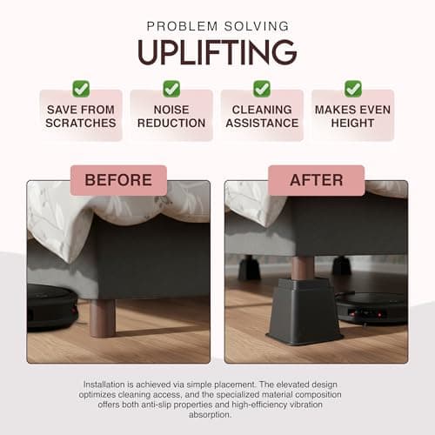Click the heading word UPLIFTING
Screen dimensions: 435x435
217,52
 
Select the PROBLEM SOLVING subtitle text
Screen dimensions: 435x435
217,26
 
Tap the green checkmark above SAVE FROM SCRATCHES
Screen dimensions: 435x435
81,88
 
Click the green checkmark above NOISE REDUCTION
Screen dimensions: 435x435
171,88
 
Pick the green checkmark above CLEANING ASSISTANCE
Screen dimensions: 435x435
262,88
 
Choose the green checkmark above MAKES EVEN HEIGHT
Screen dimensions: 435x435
352,88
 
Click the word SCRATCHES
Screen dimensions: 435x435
81,124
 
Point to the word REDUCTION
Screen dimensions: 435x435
171,124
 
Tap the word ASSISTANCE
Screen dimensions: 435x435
262,124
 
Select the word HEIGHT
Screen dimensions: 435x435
352,124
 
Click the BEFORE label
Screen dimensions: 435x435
118,181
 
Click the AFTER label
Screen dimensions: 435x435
316,181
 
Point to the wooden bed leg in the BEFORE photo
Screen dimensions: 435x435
102,318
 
